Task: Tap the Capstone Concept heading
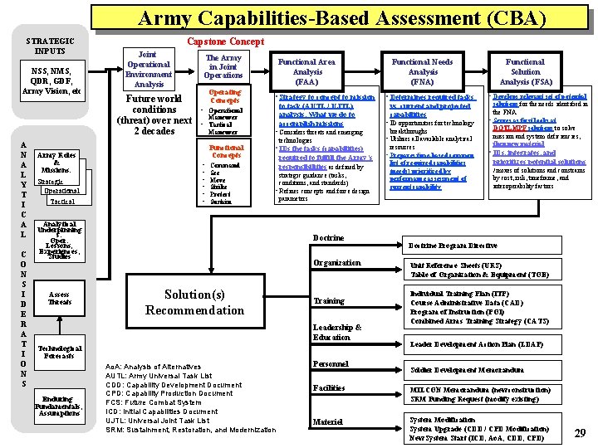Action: click(225, 41)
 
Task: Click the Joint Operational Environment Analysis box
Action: click(149, 69)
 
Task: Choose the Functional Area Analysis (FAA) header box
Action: click(306, 72)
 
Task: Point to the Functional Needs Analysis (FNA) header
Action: click(422, 72)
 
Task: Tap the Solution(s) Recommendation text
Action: click(194, 303)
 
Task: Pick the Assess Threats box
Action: click(60, 299)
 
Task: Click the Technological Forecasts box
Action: click(60, 352)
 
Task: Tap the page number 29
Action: click(581, 432)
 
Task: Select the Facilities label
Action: click(329, 388)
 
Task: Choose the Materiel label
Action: click(327, 421)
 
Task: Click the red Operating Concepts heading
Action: click(224, 96)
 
